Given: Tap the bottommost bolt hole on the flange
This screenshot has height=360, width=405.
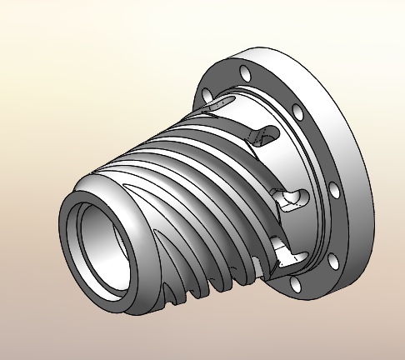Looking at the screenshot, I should (297, 287).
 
